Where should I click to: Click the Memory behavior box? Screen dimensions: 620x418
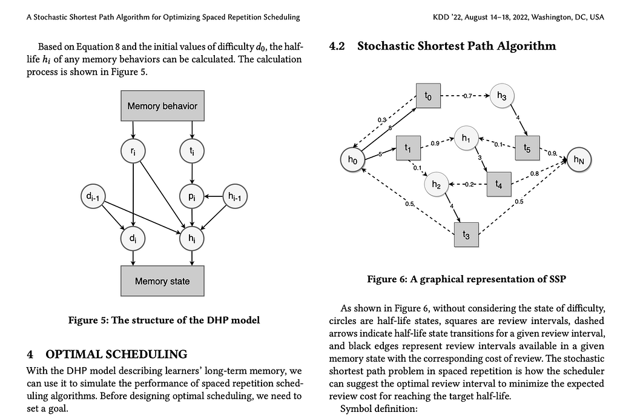pos(162,105)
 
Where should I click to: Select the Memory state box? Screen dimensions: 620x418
pos(162,280)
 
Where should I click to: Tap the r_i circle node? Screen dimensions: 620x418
pos(133,151)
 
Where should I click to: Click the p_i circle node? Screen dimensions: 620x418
pos(192,196)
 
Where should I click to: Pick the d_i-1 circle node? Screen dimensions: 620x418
pos(93,196)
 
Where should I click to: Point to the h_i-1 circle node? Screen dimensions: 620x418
pos(235,196)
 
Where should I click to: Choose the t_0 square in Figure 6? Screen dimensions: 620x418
pos(428,96)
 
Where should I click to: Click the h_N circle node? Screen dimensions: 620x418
pos(579,160)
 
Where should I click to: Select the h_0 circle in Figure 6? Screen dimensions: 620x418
pos(353,160)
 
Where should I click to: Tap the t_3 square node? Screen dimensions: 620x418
pos(466,235)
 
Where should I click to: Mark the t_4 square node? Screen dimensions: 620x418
pos(499,184)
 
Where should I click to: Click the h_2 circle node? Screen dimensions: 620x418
pos(436,184)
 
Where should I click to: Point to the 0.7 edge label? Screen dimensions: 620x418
pos(467,96)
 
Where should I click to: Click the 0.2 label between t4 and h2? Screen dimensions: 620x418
pos(469,184)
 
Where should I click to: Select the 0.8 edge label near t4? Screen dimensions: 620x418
pos(534,174)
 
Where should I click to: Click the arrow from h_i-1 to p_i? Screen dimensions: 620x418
pos(214,196)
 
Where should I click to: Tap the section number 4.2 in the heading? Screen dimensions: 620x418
pos(337,46)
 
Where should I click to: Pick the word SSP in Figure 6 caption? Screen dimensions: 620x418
pos(558,279)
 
